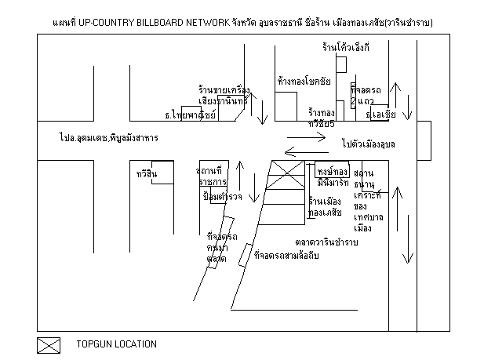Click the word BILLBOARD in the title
click(162, 24)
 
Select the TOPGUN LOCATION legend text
click(116, 344)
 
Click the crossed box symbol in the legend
click(49, 344)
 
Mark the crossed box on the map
click(286, 170)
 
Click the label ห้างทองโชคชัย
click(304, 81)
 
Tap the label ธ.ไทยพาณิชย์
click(190, 115)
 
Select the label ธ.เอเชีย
click(383, 115)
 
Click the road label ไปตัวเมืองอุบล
click(368, 144)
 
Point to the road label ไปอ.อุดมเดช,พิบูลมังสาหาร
click(108, 138)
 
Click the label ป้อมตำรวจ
click(222, 195)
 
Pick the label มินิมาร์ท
click(332, 182)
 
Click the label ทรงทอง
click(333, 171)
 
